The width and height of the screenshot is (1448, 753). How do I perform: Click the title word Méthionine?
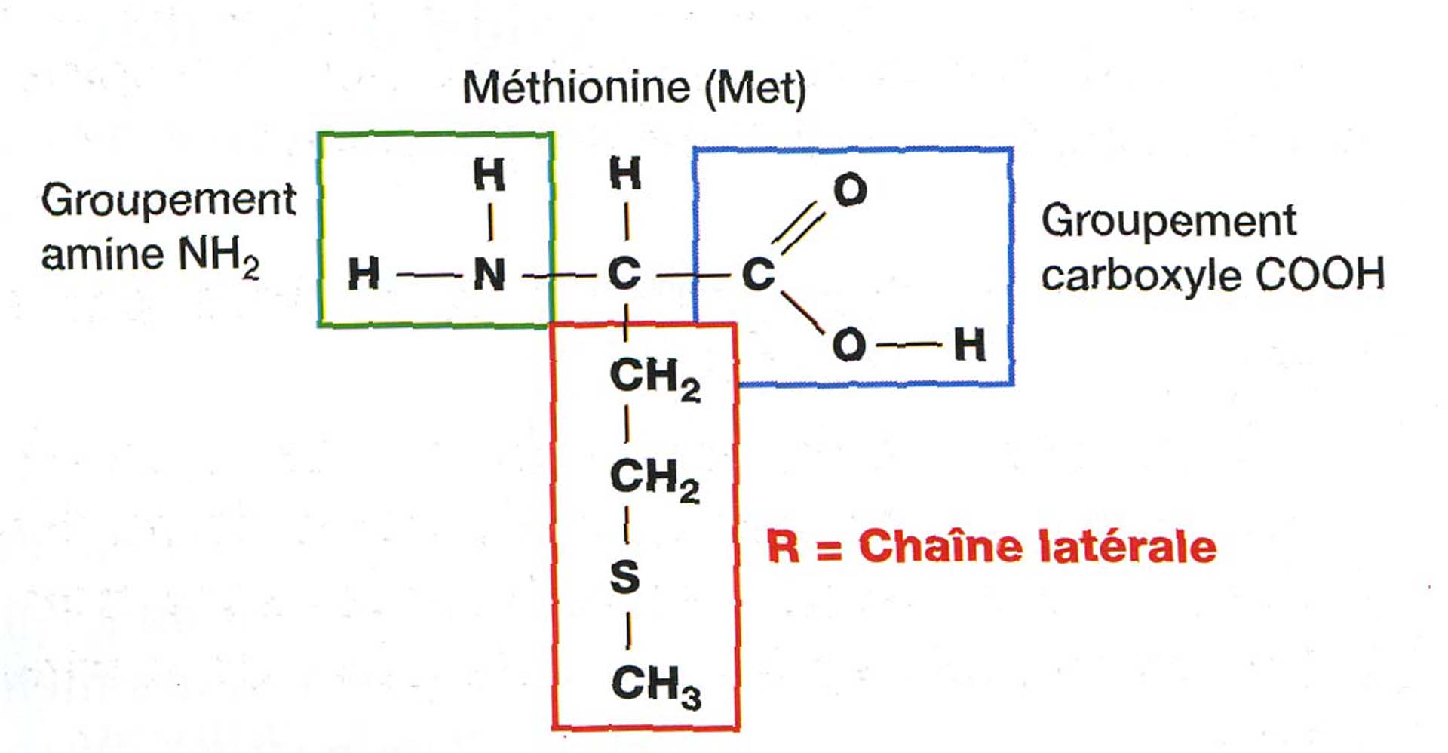click(575, 88)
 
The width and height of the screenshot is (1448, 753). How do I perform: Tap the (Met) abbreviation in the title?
click(755, 88)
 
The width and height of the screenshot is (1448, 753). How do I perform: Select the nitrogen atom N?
click(489, 274)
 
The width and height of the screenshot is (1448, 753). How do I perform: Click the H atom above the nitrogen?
click(489, 174)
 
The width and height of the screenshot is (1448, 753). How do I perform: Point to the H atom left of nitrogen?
click(364, 274)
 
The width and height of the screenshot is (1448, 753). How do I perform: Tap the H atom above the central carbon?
click(625, 174)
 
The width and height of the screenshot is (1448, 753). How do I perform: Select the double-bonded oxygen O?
click(850, 189)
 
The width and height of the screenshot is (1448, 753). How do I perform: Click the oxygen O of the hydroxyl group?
click(849, 345)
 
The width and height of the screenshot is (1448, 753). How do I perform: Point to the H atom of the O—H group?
click(969, 345)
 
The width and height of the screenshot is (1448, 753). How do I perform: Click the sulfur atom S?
click(624, 577)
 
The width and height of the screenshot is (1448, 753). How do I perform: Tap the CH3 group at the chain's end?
click(655, 685)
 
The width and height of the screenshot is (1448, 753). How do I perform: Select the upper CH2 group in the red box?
click(655, 377)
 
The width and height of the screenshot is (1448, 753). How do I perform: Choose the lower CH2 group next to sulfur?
click(654, 478)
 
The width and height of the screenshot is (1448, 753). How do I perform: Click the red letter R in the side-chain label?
click(782, 546)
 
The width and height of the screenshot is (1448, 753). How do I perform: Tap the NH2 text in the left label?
click(218, 256)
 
